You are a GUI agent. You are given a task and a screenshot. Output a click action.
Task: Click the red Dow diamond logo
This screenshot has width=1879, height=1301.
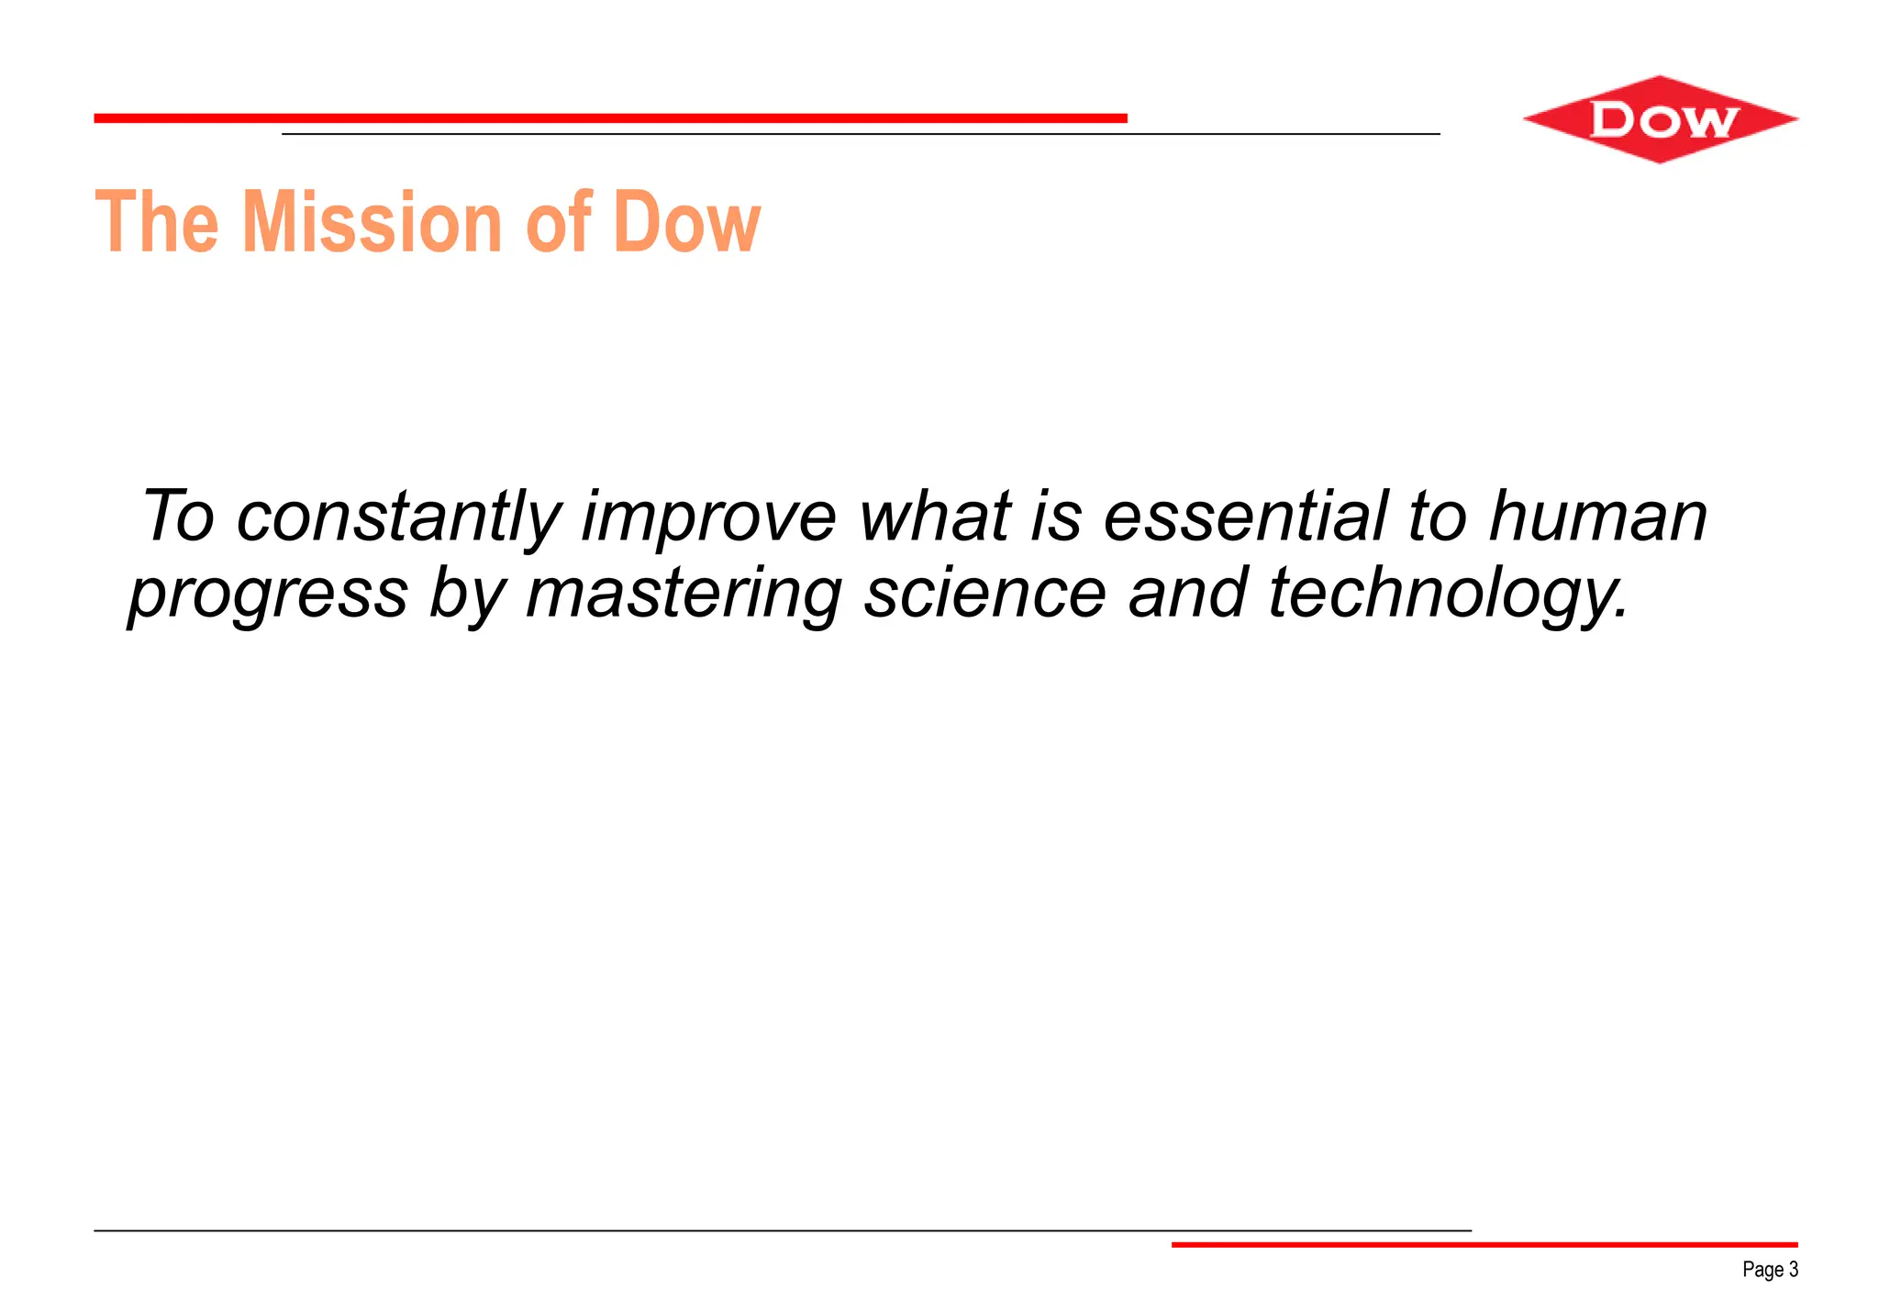[1660, 120]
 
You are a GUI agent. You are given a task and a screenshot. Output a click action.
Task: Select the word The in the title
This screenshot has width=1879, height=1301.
[157, 222]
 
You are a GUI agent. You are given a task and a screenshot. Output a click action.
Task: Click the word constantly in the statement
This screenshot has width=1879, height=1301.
[398, 517]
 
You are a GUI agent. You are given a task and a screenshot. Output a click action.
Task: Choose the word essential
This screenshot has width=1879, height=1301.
[1244, 516]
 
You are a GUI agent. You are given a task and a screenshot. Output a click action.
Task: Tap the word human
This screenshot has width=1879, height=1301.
[1597, 516]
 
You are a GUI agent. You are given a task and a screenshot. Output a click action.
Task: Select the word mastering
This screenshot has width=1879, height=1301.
[684, 595]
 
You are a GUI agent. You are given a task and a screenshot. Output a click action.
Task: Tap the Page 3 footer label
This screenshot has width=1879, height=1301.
[1770, 1270]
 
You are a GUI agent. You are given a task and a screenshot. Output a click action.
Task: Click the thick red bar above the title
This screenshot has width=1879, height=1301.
[610, 118]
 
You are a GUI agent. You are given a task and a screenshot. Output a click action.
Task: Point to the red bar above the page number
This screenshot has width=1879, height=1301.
[1484, 1244]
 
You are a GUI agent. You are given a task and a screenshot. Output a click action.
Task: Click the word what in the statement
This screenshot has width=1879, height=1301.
[935, 516]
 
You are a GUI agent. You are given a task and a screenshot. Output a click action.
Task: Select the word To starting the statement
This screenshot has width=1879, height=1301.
[178, 516]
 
